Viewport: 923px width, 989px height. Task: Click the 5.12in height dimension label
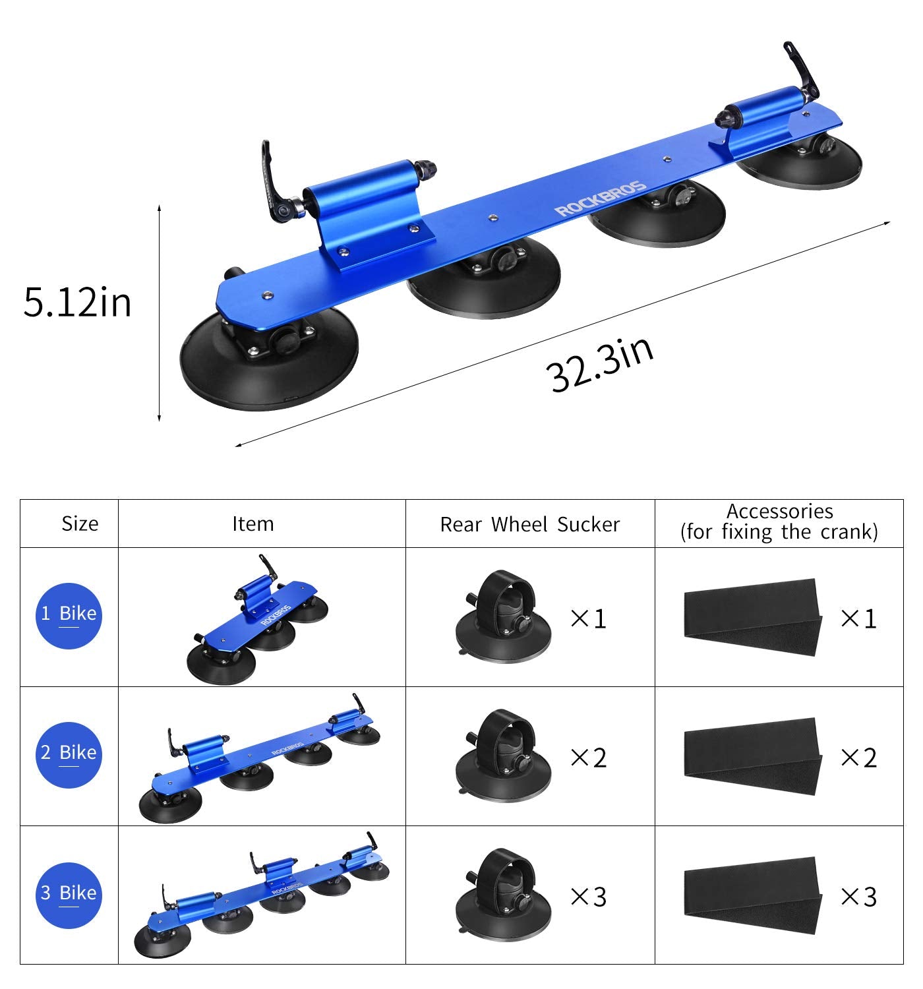pyautogui.click(x=77, y=303)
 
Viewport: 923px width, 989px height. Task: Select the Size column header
pyautogui.click(x=80, y=524)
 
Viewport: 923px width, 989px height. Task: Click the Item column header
pyautogui.click(x=253, y=524)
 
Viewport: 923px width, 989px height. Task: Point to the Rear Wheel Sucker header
pyautogui.click(x=529, y=525)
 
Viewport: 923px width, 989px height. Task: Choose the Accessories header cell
pyautogui.click(x=779, y=522)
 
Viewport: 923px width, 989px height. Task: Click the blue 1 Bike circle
pyautogui.click(x=69, y=615)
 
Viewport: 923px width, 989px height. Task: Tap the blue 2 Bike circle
pyautogui.click(x=69, y=754)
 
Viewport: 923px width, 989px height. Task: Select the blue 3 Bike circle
pyautogui.click(x=69, y=895)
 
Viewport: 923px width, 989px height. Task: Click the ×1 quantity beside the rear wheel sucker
pyautogui.click(x=588, y=618)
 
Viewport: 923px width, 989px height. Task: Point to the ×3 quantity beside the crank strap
pyautogui.click(x=858, y=897)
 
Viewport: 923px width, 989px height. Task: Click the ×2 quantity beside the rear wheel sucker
pyautogui.click(x=588, y=758)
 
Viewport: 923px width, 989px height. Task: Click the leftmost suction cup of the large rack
pyautogui.click(x=268, y=363)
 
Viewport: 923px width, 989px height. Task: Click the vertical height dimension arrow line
pyautogui.click(x=160, y=313)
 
